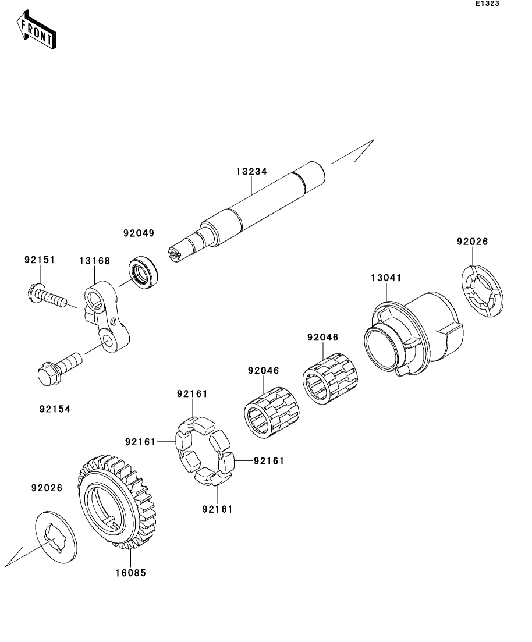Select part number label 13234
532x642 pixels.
tap(251, 172)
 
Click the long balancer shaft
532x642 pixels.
tap(256, 210)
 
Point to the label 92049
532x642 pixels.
tap(139, 233)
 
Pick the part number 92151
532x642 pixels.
tap(40, 260)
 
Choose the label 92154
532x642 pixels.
tap(55, 409)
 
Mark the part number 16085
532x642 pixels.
tap(130, 573)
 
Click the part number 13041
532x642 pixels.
tap(386, 278)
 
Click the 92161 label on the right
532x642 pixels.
tap(268, 461)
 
